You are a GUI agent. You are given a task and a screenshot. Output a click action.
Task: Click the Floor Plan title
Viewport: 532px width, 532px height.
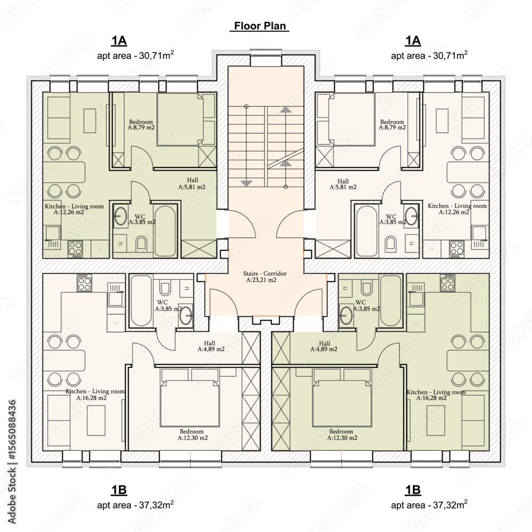260,26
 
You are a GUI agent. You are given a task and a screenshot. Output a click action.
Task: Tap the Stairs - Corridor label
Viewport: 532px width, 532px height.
264,277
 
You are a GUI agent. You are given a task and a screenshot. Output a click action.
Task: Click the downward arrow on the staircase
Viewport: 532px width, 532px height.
246,184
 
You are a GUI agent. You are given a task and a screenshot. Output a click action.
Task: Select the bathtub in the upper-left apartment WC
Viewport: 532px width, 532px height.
165,231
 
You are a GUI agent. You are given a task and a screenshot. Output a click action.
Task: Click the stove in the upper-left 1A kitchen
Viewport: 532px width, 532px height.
75,248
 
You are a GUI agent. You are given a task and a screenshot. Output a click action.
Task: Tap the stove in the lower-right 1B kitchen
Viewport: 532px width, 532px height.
447,283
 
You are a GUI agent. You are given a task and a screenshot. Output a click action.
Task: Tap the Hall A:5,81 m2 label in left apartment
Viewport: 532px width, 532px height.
192,183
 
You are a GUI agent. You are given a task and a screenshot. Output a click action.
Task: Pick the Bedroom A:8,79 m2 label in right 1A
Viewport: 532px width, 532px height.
392,124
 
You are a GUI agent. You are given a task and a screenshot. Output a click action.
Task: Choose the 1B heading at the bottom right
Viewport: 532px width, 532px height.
413,490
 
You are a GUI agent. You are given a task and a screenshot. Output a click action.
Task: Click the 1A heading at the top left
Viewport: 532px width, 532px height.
119,41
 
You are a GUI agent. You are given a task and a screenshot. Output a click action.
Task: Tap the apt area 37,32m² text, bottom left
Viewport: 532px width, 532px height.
135,504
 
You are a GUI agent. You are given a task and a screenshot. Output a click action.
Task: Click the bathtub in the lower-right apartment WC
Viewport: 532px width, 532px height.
390,301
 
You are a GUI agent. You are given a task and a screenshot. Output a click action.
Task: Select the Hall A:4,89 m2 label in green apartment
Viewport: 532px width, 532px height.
324,346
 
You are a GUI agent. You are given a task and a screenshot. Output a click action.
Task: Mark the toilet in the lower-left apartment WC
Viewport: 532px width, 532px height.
165,288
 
